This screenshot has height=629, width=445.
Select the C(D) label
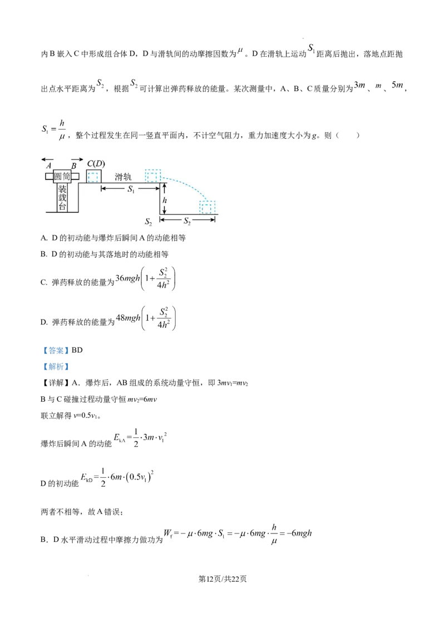[x=96, y=164]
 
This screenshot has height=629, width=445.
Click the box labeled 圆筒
[x=62, y=177]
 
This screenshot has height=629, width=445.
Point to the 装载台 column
[x=62, y=198]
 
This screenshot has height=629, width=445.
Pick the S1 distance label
[x=131, y=189]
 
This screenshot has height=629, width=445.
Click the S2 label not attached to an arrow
[x=149, y=222]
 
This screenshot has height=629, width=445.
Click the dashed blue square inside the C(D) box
[x=93, y=177]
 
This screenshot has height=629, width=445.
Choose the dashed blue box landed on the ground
[x=207, y=207]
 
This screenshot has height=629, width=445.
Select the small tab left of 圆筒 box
[x=49, y=177]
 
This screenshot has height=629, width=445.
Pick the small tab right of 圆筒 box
[x=76, y=177]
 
